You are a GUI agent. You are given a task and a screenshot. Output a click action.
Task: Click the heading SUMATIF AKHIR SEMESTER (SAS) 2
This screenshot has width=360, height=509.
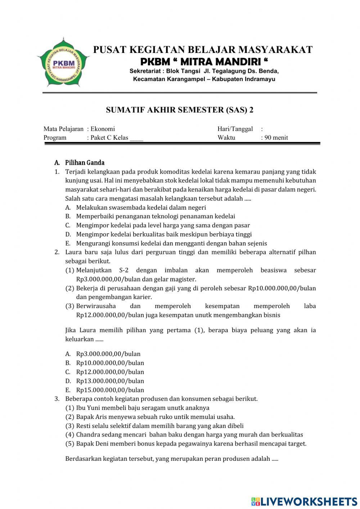pos(180,110)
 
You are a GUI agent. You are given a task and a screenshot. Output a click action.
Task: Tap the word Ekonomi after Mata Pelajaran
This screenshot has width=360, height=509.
pos(103,129)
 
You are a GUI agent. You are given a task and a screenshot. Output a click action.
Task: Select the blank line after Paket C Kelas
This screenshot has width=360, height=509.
pos(136,138)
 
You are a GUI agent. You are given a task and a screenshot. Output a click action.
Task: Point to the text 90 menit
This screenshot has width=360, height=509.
pos(276,138)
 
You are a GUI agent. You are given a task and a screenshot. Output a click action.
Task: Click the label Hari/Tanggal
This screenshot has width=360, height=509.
pos(235,129)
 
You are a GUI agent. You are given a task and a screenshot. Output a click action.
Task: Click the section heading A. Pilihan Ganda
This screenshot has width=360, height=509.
pos(80,163)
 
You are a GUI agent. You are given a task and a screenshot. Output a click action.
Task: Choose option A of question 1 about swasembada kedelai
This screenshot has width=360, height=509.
pos(141,207)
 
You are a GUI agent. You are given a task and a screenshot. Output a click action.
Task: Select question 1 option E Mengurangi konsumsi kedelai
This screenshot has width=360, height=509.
pos(171,243)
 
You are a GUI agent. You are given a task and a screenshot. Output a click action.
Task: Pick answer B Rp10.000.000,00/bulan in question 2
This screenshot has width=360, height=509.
pos(110,363)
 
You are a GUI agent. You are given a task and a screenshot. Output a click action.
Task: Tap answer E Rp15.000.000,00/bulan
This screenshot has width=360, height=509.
pos(110,390)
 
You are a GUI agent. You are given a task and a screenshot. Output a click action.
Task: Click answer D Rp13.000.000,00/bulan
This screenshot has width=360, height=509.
pos(110,381)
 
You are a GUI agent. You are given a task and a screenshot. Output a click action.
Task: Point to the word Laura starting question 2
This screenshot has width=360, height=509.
pos(73,252)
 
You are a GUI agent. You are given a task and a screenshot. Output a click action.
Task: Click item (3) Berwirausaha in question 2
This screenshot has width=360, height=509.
pos(96,306)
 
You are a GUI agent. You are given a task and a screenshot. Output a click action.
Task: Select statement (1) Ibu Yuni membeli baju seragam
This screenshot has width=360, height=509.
pos(142,408)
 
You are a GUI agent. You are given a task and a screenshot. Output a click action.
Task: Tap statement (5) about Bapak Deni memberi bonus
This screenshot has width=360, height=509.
pos(191,443)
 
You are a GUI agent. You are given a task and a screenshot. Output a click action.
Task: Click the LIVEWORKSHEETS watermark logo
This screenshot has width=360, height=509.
pos(304,501)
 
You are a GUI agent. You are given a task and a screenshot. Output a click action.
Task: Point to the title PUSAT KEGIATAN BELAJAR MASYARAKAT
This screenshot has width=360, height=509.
pos(203,50)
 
